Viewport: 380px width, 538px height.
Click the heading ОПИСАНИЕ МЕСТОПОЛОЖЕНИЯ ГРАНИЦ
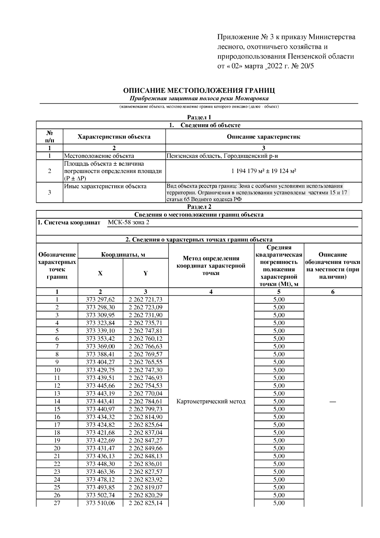199,91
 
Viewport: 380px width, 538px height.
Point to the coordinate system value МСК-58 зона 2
129,222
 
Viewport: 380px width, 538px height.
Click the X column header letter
100,273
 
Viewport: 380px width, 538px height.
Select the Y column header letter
145,273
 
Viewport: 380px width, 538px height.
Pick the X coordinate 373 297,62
100,300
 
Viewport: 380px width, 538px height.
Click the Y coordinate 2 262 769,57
145,354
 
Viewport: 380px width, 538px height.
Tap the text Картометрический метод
211,401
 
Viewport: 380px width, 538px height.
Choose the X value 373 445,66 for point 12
100,386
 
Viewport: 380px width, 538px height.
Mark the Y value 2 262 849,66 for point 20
145,448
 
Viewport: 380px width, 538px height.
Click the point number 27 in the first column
57,503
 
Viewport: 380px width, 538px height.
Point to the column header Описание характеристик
263,137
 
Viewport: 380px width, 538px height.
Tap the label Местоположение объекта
99,156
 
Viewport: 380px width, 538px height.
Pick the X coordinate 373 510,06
100,503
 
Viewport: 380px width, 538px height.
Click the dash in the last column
332,402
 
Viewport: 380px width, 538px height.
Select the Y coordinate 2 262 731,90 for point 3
145,315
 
